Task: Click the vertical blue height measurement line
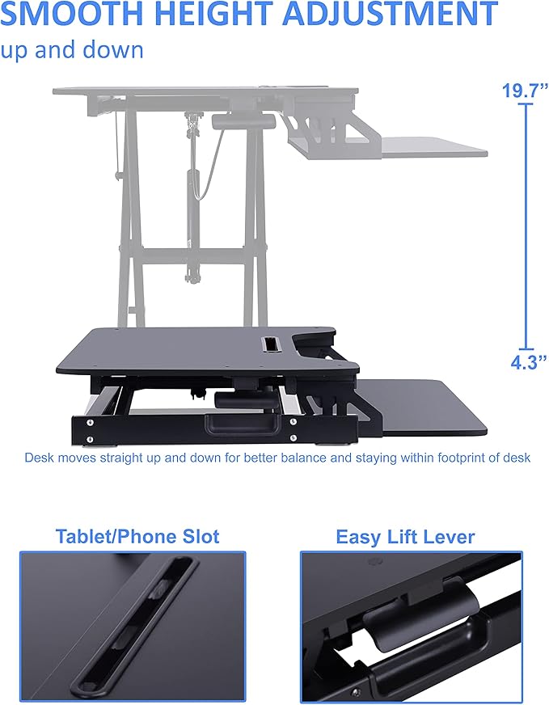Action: click(x=528, y=226)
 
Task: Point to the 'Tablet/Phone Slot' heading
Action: click(x=137, y=536)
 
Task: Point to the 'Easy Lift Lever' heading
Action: click(x=405, y=537)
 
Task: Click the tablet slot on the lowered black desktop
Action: click(x=267, y=344)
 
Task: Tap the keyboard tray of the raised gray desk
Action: click(x=433, y=148)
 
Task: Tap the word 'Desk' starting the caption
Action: click(x=38, y=458)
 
